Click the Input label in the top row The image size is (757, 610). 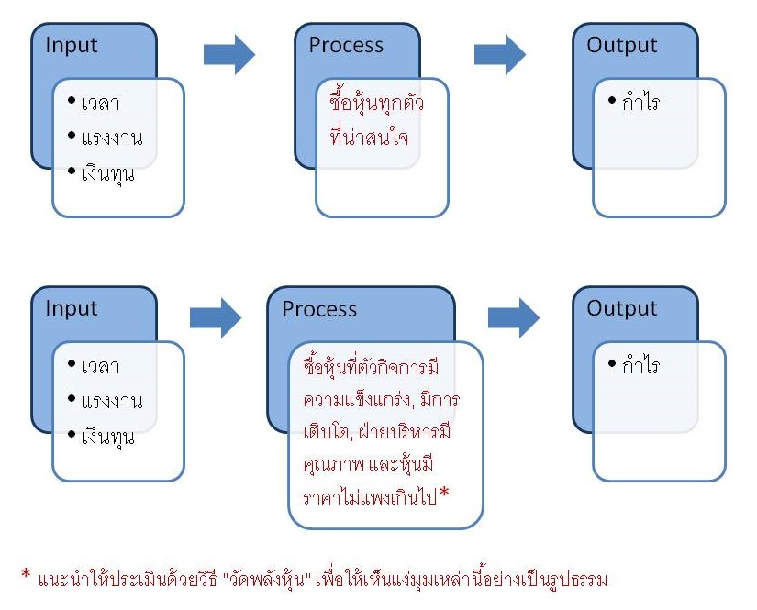coord(72,46)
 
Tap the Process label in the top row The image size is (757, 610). coord(345,46)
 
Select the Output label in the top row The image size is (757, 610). coord(622,46)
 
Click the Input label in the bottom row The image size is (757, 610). coord(72,308)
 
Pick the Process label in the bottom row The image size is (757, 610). coord(319,309)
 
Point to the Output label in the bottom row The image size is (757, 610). coord(622,308)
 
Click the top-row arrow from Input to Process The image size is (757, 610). coord(228,55)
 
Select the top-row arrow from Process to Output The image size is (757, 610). coord(499,54)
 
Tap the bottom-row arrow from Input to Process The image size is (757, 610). coord(215,318)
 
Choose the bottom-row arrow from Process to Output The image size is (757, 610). coord(513,317)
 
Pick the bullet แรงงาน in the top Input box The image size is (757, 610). coord(111,139)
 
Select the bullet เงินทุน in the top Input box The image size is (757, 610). coord(107,172)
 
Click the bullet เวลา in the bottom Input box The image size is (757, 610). coord(100,367)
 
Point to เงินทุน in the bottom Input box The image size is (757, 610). coord(107,436)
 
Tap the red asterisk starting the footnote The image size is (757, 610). coord(27,575)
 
